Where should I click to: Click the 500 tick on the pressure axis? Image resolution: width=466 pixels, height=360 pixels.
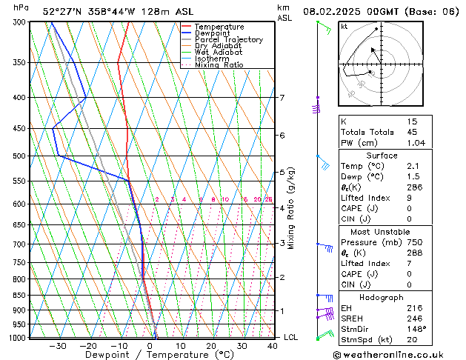click(20, 156)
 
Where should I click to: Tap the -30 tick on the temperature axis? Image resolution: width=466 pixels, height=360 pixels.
click(58, 346)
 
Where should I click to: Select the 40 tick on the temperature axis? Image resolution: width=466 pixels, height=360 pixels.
click(273, 346)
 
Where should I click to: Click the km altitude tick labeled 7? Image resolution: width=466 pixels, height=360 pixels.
click(282, 98)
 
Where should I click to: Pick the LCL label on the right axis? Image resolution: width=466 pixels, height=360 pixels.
click(291, 337)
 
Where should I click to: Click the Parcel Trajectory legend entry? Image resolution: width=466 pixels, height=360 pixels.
click(228, 40)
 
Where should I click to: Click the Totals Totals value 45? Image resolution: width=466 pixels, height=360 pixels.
click(413, 132)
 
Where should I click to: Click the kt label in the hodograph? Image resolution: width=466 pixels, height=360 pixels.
click(344, 27)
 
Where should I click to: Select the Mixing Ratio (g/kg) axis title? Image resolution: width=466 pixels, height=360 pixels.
click(292, 208)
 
